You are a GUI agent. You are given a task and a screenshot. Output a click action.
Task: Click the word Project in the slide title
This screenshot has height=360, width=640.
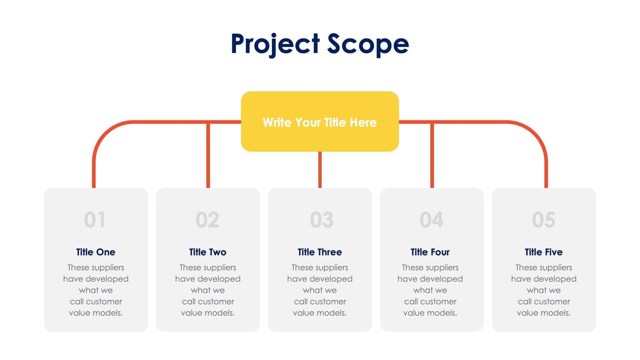pyautogui.click(x=275, y=45)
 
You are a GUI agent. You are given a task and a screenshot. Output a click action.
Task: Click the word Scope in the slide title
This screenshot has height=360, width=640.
pyautogui.click(x=368, y=45)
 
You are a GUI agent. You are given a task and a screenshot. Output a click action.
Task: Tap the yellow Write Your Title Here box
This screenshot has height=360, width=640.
pyautogui.click(x=319, y=122)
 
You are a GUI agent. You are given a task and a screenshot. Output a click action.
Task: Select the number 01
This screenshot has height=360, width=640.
pyautogui.click(x=94, y=220)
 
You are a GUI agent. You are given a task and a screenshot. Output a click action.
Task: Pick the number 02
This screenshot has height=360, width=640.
pyautogui.click(x=207, y=220)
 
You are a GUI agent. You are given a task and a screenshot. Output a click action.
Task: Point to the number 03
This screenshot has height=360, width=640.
pyautogui.click(x=322, y=220)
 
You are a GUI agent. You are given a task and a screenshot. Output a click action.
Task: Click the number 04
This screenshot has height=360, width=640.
pyautogui.click(x=431, y=220)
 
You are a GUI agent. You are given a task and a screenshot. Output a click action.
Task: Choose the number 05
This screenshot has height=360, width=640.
pyautogui.click(x=543, y=220)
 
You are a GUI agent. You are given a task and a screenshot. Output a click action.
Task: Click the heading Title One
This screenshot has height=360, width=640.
pyautogui.click(x=95, y=252)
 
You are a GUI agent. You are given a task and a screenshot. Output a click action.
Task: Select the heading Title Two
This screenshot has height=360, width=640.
pyautogui.click(x=207, y=252)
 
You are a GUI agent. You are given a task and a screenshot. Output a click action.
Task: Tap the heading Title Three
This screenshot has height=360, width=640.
pyautogui.click(x=319, y=252)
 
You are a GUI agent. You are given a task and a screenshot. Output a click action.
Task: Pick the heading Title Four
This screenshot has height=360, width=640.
pyautogui.click(x=430, y=252)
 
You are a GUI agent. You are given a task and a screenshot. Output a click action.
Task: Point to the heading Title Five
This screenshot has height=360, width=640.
pyautogui.click(x=543, y=252)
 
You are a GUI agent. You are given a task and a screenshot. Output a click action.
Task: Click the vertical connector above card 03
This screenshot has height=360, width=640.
pyautogui.click(x=319, y=170)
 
